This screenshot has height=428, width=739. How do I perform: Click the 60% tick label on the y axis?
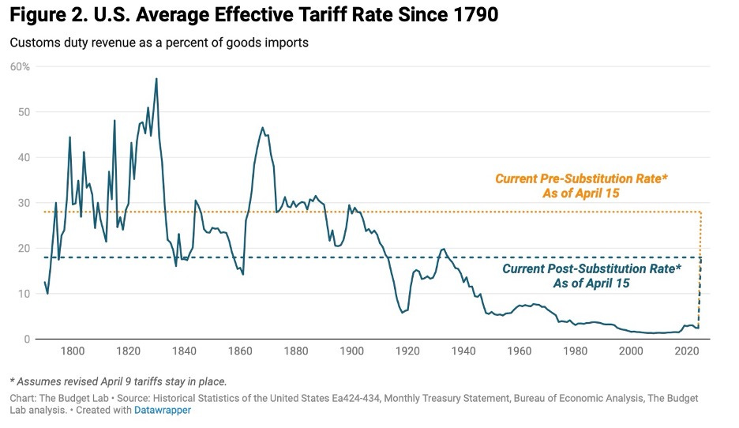(20, 66)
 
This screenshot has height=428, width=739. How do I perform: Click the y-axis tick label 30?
(24, 203)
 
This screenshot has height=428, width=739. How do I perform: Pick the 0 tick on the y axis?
(27, 339)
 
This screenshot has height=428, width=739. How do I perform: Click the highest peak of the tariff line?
(156, 79)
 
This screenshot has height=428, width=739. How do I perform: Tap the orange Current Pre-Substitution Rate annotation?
(581, 186)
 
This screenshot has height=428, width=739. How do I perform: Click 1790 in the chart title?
(473, 16)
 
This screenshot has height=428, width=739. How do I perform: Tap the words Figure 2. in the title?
(44, 16)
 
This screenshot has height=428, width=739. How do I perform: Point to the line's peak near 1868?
(263, 128)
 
